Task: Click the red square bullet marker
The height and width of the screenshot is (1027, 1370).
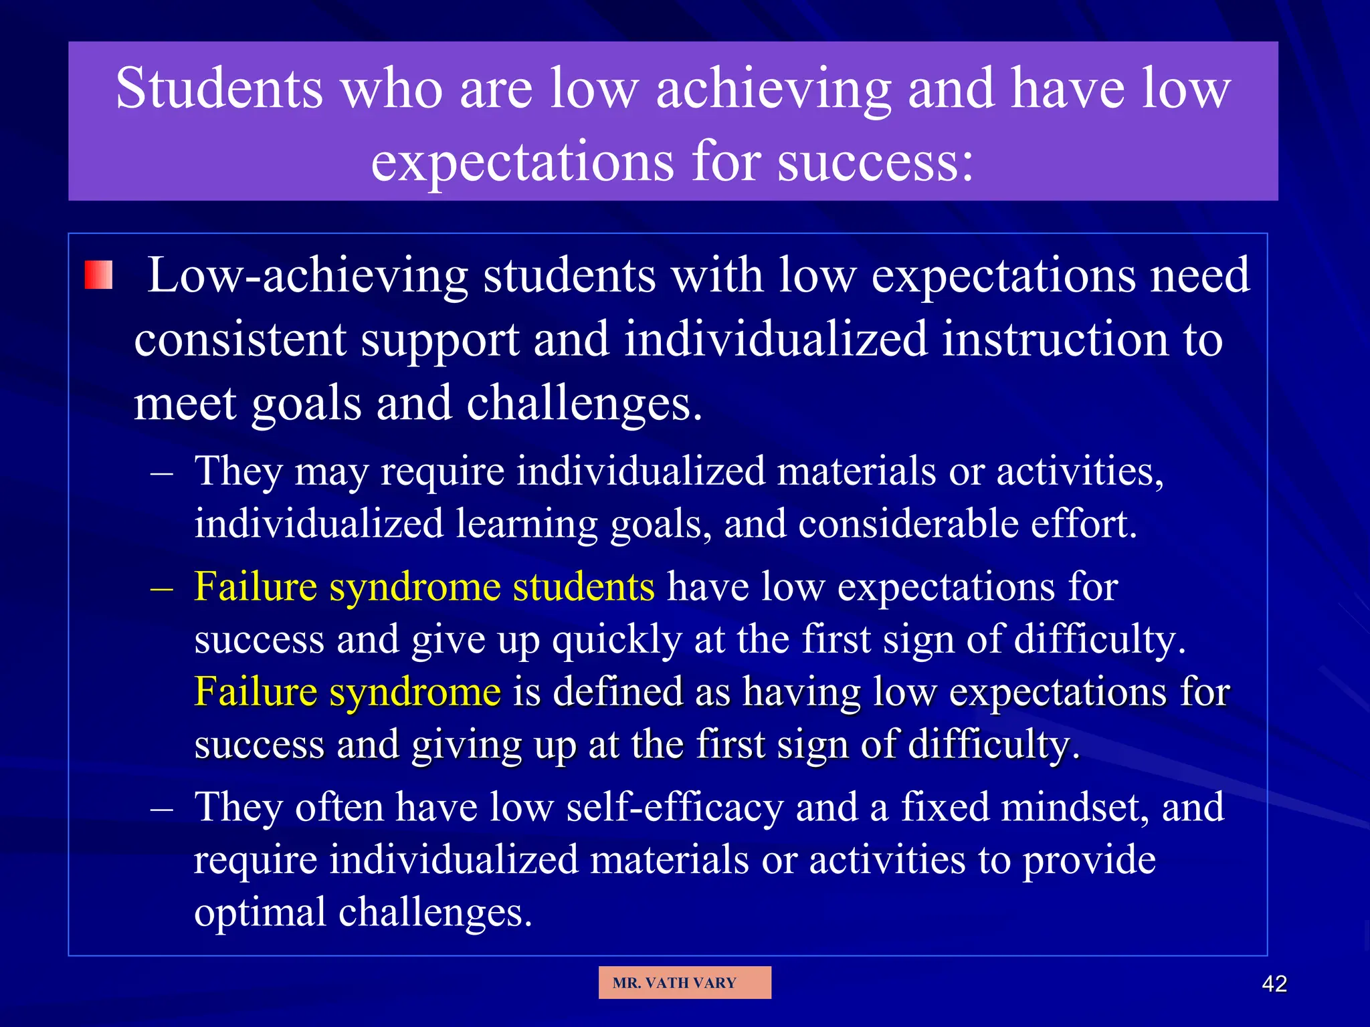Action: [98, 275]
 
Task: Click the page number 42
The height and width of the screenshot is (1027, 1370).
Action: [1274, 984]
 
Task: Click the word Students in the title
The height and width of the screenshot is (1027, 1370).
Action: [219, 89]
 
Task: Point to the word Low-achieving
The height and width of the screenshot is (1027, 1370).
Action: [307, 275]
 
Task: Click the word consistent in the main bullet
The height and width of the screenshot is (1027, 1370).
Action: [239, 340]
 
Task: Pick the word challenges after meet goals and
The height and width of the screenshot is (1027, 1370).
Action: [583, 403]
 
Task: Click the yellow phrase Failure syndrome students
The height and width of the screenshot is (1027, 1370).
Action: [424, 587]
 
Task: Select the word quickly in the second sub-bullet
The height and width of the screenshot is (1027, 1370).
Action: [616, 639]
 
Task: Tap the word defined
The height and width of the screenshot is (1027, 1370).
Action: [617, 691]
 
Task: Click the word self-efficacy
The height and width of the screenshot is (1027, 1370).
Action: [674, 808]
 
